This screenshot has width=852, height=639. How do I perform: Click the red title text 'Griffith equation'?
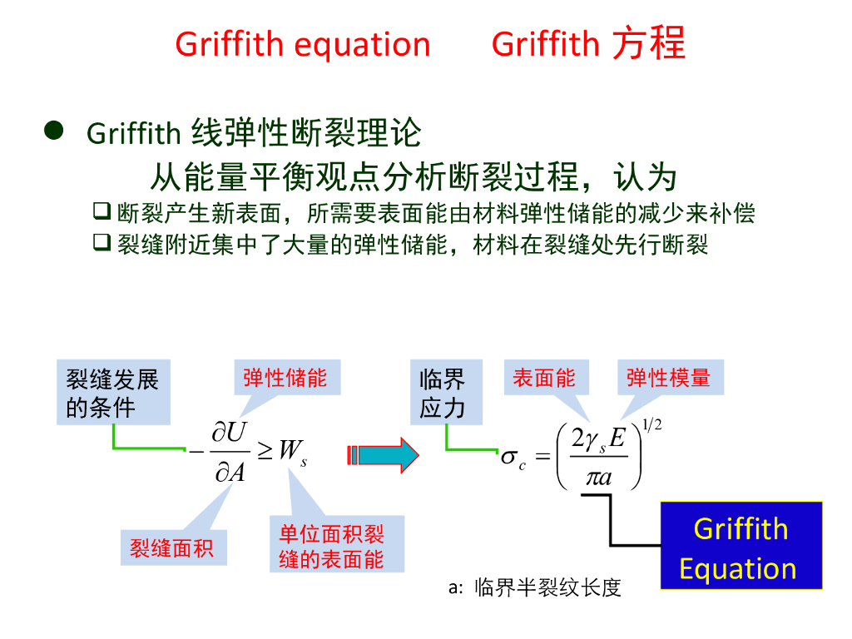[303, 44]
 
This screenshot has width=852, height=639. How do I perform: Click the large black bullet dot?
[54, 131]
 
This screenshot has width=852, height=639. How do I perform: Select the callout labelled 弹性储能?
[285, 378]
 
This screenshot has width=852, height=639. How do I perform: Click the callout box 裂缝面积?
[172, 547]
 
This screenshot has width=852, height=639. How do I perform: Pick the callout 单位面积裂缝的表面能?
[336, 545]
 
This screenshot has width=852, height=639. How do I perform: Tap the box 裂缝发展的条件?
[113, 393]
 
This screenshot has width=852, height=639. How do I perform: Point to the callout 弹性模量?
[669, 378]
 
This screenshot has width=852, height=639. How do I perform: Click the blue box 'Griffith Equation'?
[741, 547]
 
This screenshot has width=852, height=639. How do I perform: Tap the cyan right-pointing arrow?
[383, 454]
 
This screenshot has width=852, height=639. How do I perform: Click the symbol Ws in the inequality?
[292, 452]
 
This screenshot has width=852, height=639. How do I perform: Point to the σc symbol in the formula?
[513, 458]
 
